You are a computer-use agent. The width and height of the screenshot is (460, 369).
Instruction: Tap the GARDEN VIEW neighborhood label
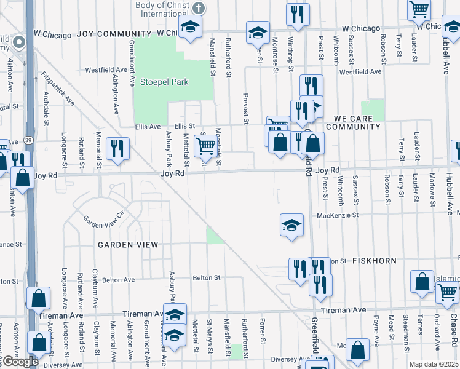click(127, 245)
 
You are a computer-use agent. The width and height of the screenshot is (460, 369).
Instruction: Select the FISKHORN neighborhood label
click(375, 261)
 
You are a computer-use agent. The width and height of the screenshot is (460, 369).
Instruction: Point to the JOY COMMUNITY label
click(114, 33)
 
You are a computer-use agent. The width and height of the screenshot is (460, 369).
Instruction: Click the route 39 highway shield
click(28, 141)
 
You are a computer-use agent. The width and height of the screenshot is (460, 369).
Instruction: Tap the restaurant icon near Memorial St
click(116, 148)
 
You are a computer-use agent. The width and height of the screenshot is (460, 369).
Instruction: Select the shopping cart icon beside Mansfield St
click(205, 146)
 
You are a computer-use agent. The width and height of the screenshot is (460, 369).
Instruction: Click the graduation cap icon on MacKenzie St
click(291, 224)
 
